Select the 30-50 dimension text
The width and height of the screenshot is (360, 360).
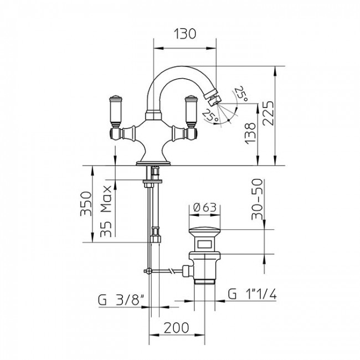click(x=256, y=199)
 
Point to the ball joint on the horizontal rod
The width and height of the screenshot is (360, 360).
click(x=148, y=271)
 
